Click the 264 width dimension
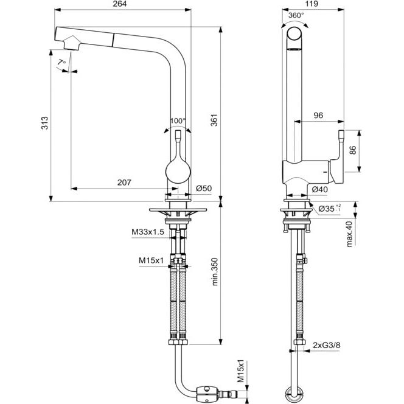pyautogui.click(x=120, y=4)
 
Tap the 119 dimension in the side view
pyautogui.click(x=312, y=4)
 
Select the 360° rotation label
pyautogui.click(x=296, y=15)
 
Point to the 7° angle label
pyautogui.click(x=62, y=62)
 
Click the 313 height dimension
pyautogui.click(x=45, y=123)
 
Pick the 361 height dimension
pyautogui.click(x=214, y=120)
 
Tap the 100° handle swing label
pyautogui.click(x=178, y=120)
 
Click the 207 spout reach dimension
pyautogui.click(x=124, y=183)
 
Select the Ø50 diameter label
pyautogui.click(x=204, y=189)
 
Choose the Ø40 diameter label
pyautogui.click(x=320, y=190)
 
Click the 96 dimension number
pyautogui.click(x=318, y=116)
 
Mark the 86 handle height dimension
pyautogui.click(x=353, y=150)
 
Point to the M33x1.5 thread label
pyautogui.click(x=148, y=232)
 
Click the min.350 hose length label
pyautogui.click(x=215, y=272)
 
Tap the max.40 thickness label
pyautogui.click(x=349, y=234)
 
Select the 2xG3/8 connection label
pyautogui.click(x=327, y=345)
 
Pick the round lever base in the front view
pyautogui.click(x=178, y=172)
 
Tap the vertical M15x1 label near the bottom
pyautogui.click(x=240, y=371)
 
